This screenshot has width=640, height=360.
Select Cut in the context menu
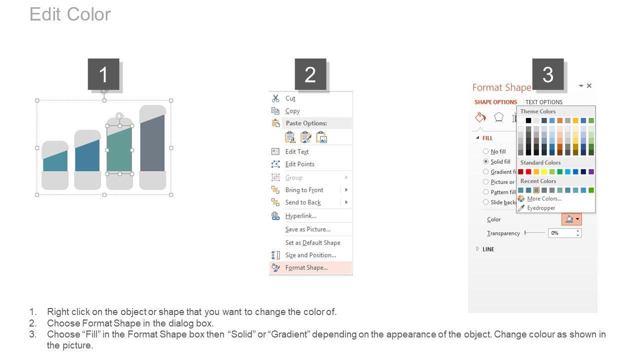tap(290, 98)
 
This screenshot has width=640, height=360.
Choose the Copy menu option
tap(292, 111)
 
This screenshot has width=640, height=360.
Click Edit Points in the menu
tap(299, 164)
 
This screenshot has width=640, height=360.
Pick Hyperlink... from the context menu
tap(301, 216)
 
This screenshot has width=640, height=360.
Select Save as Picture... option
tap(307, 229)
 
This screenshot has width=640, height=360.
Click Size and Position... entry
tap(310, 255)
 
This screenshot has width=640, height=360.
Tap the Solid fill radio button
tap(485, 161)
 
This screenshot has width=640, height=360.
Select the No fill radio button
tap(485, 151)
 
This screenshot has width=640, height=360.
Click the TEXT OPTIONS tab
tap(543, 102)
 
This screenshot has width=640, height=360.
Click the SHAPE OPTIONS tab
tap(495, 102)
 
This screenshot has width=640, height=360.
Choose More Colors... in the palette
tap(544, 198)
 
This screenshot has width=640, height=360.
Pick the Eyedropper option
tap(541, 208)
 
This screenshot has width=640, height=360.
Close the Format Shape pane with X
tap(589, 85)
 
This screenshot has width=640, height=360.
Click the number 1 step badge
tap(103, 74)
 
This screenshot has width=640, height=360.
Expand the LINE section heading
tap(488, 249)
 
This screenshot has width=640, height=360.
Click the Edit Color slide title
tap(70, 14)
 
